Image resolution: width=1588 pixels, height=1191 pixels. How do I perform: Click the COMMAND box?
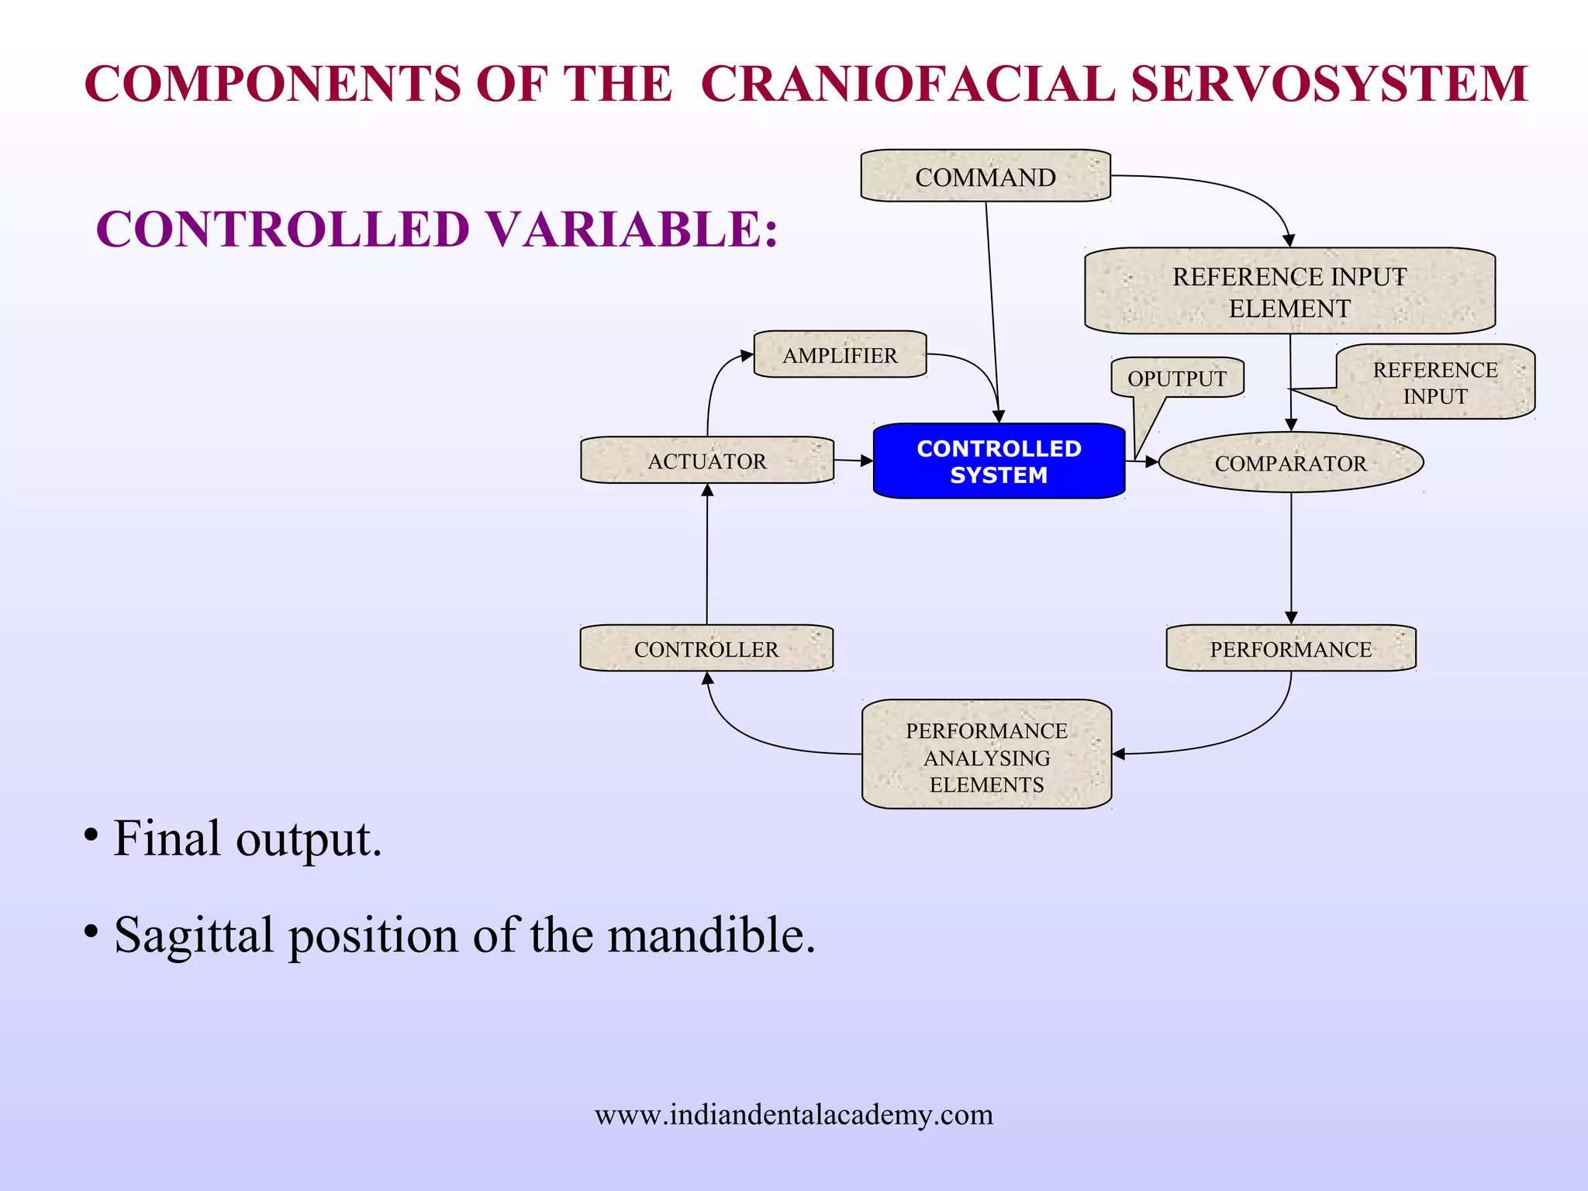pyautogui.click(x=985, y=177)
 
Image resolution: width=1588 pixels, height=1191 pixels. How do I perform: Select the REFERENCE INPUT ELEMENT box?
pyautogui.click(x=1289, y=292)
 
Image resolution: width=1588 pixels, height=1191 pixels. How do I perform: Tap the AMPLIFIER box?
pyautogui.click(x=840, y=355)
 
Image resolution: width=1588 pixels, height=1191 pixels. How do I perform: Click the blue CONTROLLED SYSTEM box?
pyautogui.click(x=999, y=461)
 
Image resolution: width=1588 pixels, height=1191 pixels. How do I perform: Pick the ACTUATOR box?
pyautogui.click(x=706, y=461)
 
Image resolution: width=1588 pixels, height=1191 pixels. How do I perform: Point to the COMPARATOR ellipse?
pyautogui.click(x=1290, y=463)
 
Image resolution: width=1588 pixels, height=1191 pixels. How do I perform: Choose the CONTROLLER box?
pyautogui.click(x=706, y=649)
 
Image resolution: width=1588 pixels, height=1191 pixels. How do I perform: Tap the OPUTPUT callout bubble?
pyautogui.click(x=1176, y=378)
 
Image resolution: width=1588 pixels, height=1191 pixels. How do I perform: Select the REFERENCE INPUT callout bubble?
pyautogui.click(x=1434, y=382)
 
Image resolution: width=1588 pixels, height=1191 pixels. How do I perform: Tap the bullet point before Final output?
pyautogui.click(x=91, y=836)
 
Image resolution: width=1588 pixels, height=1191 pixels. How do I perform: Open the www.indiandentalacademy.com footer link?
pyautogui.click(x=793, y=1115)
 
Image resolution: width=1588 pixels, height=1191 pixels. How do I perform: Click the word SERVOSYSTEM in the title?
pyautogui.click(x=1329, y=84)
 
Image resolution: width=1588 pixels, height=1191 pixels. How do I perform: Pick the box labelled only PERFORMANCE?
pyautogui.click(x=1290, y=649)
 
